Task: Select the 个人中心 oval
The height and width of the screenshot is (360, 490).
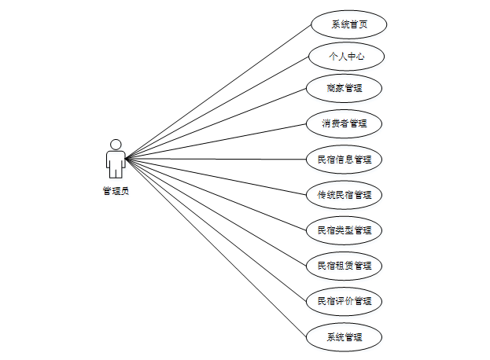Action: click(346, 57)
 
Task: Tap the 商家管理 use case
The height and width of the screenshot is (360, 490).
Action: click(344, 88)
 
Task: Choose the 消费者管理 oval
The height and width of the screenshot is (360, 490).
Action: click(344, 123)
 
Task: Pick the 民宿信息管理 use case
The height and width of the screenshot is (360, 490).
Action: click(344, 159)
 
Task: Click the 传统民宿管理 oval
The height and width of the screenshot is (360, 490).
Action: click(344, 194)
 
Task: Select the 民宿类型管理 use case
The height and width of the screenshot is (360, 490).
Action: click(344, 230)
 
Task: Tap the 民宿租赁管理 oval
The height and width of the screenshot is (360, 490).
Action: click(344, 266)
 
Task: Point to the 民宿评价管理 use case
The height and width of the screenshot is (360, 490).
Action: click(344, 301)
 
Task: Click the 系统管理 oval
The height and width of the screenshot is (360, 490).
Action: click(344, 337)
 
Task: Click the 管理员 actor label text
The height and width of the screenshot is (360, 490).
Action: click(116, 190)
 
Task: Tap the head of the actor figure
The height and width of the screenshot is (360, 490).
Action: click(116, 145)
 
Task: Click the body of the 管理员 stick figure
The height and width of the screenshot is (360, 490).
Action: click(116, 162)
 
